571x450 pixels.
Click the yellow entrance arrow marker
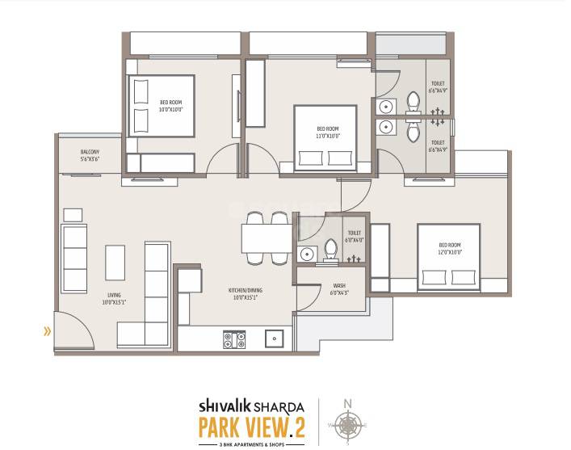pyautogui.click(x=48, y=330)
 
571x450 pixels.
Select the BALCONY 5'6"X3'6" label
pyautogui.click(x=90, y=156)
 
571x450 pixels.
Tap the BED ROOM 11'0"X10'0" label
pyautogui.click(x=327, y=132)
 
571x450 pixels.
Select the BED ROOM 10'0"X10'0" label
pyautogui.click(x=170, y=104)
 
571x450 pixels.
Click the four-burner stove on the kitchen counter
pyautogui.click(x=233, y=339)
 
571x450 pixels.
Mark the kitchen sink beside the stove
pyautogui.click(x=275, y=339)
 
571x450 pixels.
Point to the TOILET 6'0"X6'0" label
pyautogui.click(x=354, y=236)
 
